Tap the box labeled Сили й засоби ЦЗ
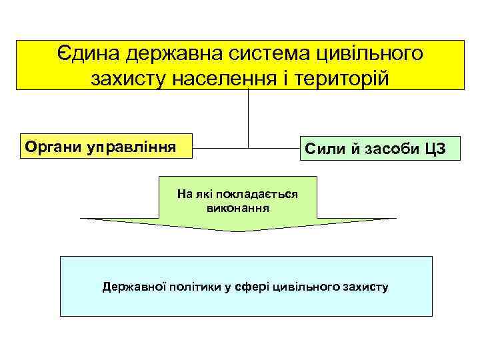(378, 148)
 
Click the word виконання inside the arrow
(238, 207)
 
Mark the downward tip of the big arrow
(238, 230)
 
